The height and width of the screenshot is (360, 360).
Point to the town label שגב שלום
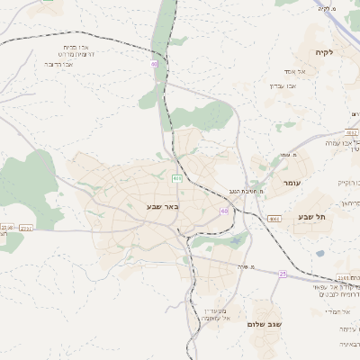click(265, 324)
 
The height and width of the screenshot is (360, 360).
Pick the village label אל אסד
click(299, 71)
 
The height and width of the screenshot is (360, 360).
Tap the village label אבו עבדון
click(283, 85)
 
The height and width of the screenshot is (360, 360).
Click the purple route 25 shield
click(282, 273)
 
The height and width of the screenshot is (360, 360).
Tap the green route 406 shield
click(177, 178)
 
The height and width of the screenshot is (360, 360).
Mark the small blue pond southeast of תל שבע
click(319, 253)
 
